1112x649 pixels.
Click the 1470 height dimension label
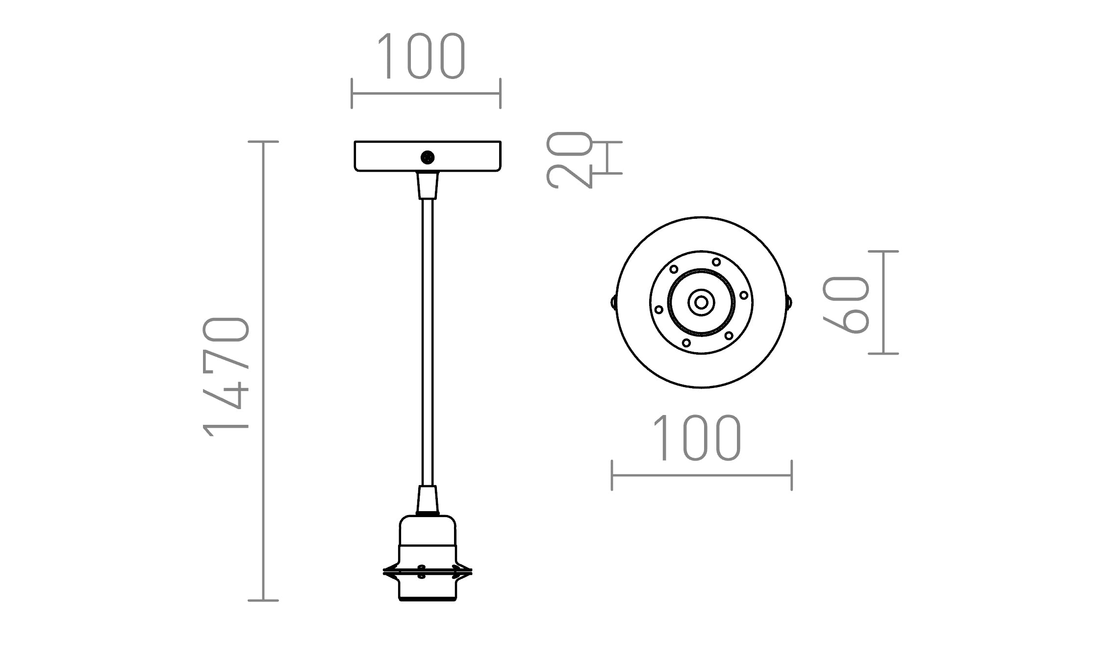(x=227, y=377)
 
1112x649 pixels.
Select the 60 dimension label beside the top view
(x=846, y=305)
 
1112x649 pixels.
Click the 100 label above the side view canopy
(x=421, y=56)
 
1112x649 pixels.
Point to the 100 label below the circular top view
(x=696, y=438)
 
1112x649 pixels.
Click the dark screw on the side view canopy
(x=428, y=157)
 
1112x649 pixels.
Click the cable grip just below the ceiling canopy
(x=428, y=185)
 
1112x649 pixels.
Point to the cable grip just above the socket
(x=428, y=499)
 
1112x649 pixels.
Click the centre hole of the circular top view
(x=701, y=303)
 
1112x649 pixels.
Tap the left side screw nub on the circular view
(x=613, y=302)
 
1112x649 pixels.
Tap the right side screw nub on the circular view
(x=789, y=302)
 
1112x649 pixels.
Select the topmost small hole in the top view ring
(x=716, y=262)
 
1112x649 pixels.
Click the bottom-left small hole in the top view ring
(x=686, y=343)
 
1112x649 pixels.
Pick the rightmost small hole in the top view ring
(x=744, y=295)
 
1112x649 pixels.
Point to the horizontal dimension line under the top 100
(x=426, y=93)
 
